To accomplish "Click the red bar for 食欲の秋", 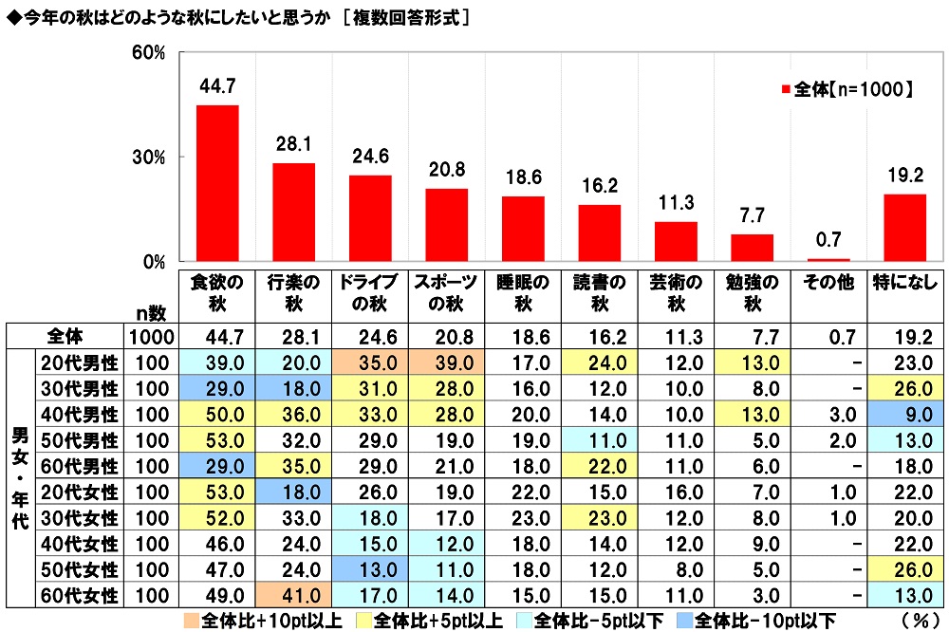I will [x=217, y=183].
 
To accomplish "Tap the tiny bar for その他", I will [x=828, y=259].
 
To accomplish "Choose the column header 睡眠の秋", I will [x=522, y=293].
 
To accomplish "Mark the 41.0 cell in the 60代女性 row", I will [x=293, y=597].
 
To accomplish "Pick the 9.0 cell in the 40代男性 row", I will [x=904, y=413].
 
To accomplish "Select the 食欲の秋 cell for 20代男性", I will [x=217, y=362].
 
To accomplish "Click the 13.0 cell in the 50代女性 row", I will [x=370, y=570].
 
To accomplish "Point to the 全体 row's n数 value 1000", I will [x=149, y=335].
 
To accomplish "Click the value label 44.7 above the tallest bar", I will [x=217, y=86].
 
